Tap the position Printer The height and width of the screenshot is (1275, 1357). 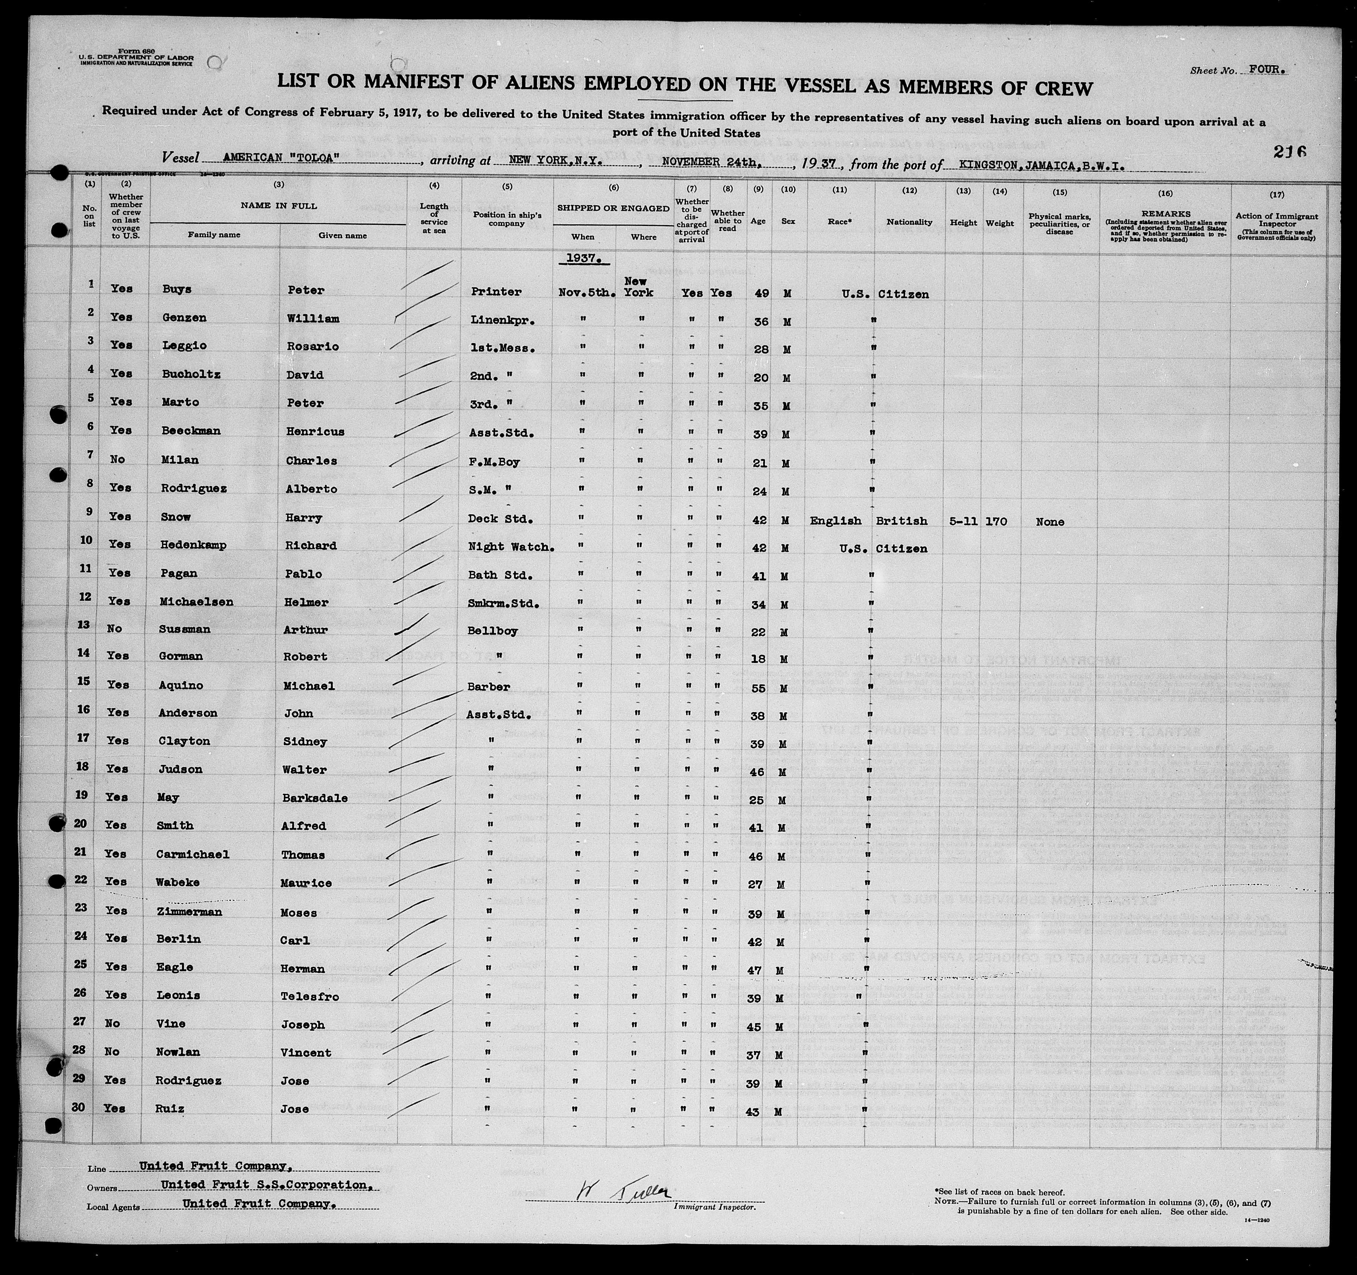(x=496, y=292)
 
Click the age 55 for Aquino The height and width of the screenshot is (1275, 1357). (x=758, y=687)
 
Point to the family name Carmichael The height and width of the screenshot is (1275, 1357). (x=193, y=854)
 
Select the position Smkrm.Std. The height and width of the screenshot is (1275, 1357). (x=505, y=604)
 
